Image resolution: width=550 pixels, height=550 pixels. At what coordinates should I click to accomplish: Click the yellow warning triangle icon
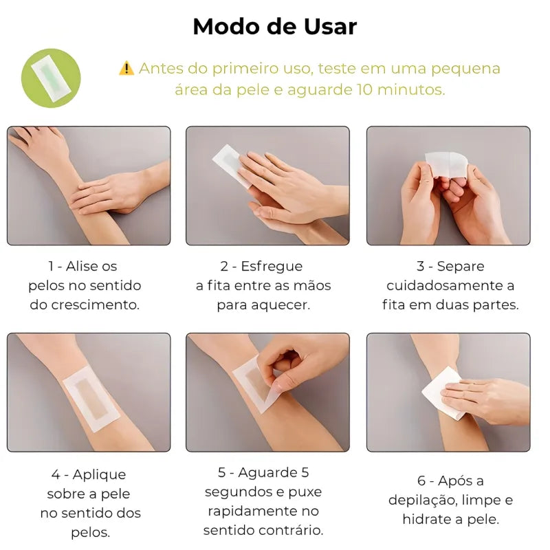pyautogui.click(x=126, y=68)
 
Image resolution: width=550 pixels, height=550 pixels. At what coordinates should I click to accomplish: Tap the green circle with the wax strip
pyautogui.click(x=51, y=78)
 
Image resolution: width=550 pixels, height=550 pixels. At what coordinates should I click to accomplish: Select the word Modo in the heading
pyautogui.click(x=225, y=27)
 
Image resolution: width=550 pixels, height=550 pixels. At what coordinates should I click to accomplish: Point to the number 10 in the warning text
pyautogui.click(x=365, y=90)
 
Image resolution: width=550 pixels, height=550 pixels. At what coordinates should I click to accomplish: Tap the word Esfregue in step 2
pyautogui.click(x=272, y=267)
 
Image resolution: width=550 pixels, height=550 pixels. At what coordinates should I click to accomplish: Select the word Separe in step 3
pyautogui.click(x=461, y=267)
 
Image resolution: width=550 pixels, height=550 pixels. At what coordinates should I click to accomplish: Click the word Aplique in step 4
pyautogui.click(x=99, y=475)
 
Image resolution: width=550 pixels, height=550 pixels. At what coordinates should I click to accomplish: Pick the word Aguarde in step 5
pyautogui.click(x=267, y=473)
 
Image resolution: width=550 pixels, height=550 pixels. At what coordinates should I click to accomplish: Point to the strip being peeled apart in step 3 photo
pyautogui.click(x=447, y=164)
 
